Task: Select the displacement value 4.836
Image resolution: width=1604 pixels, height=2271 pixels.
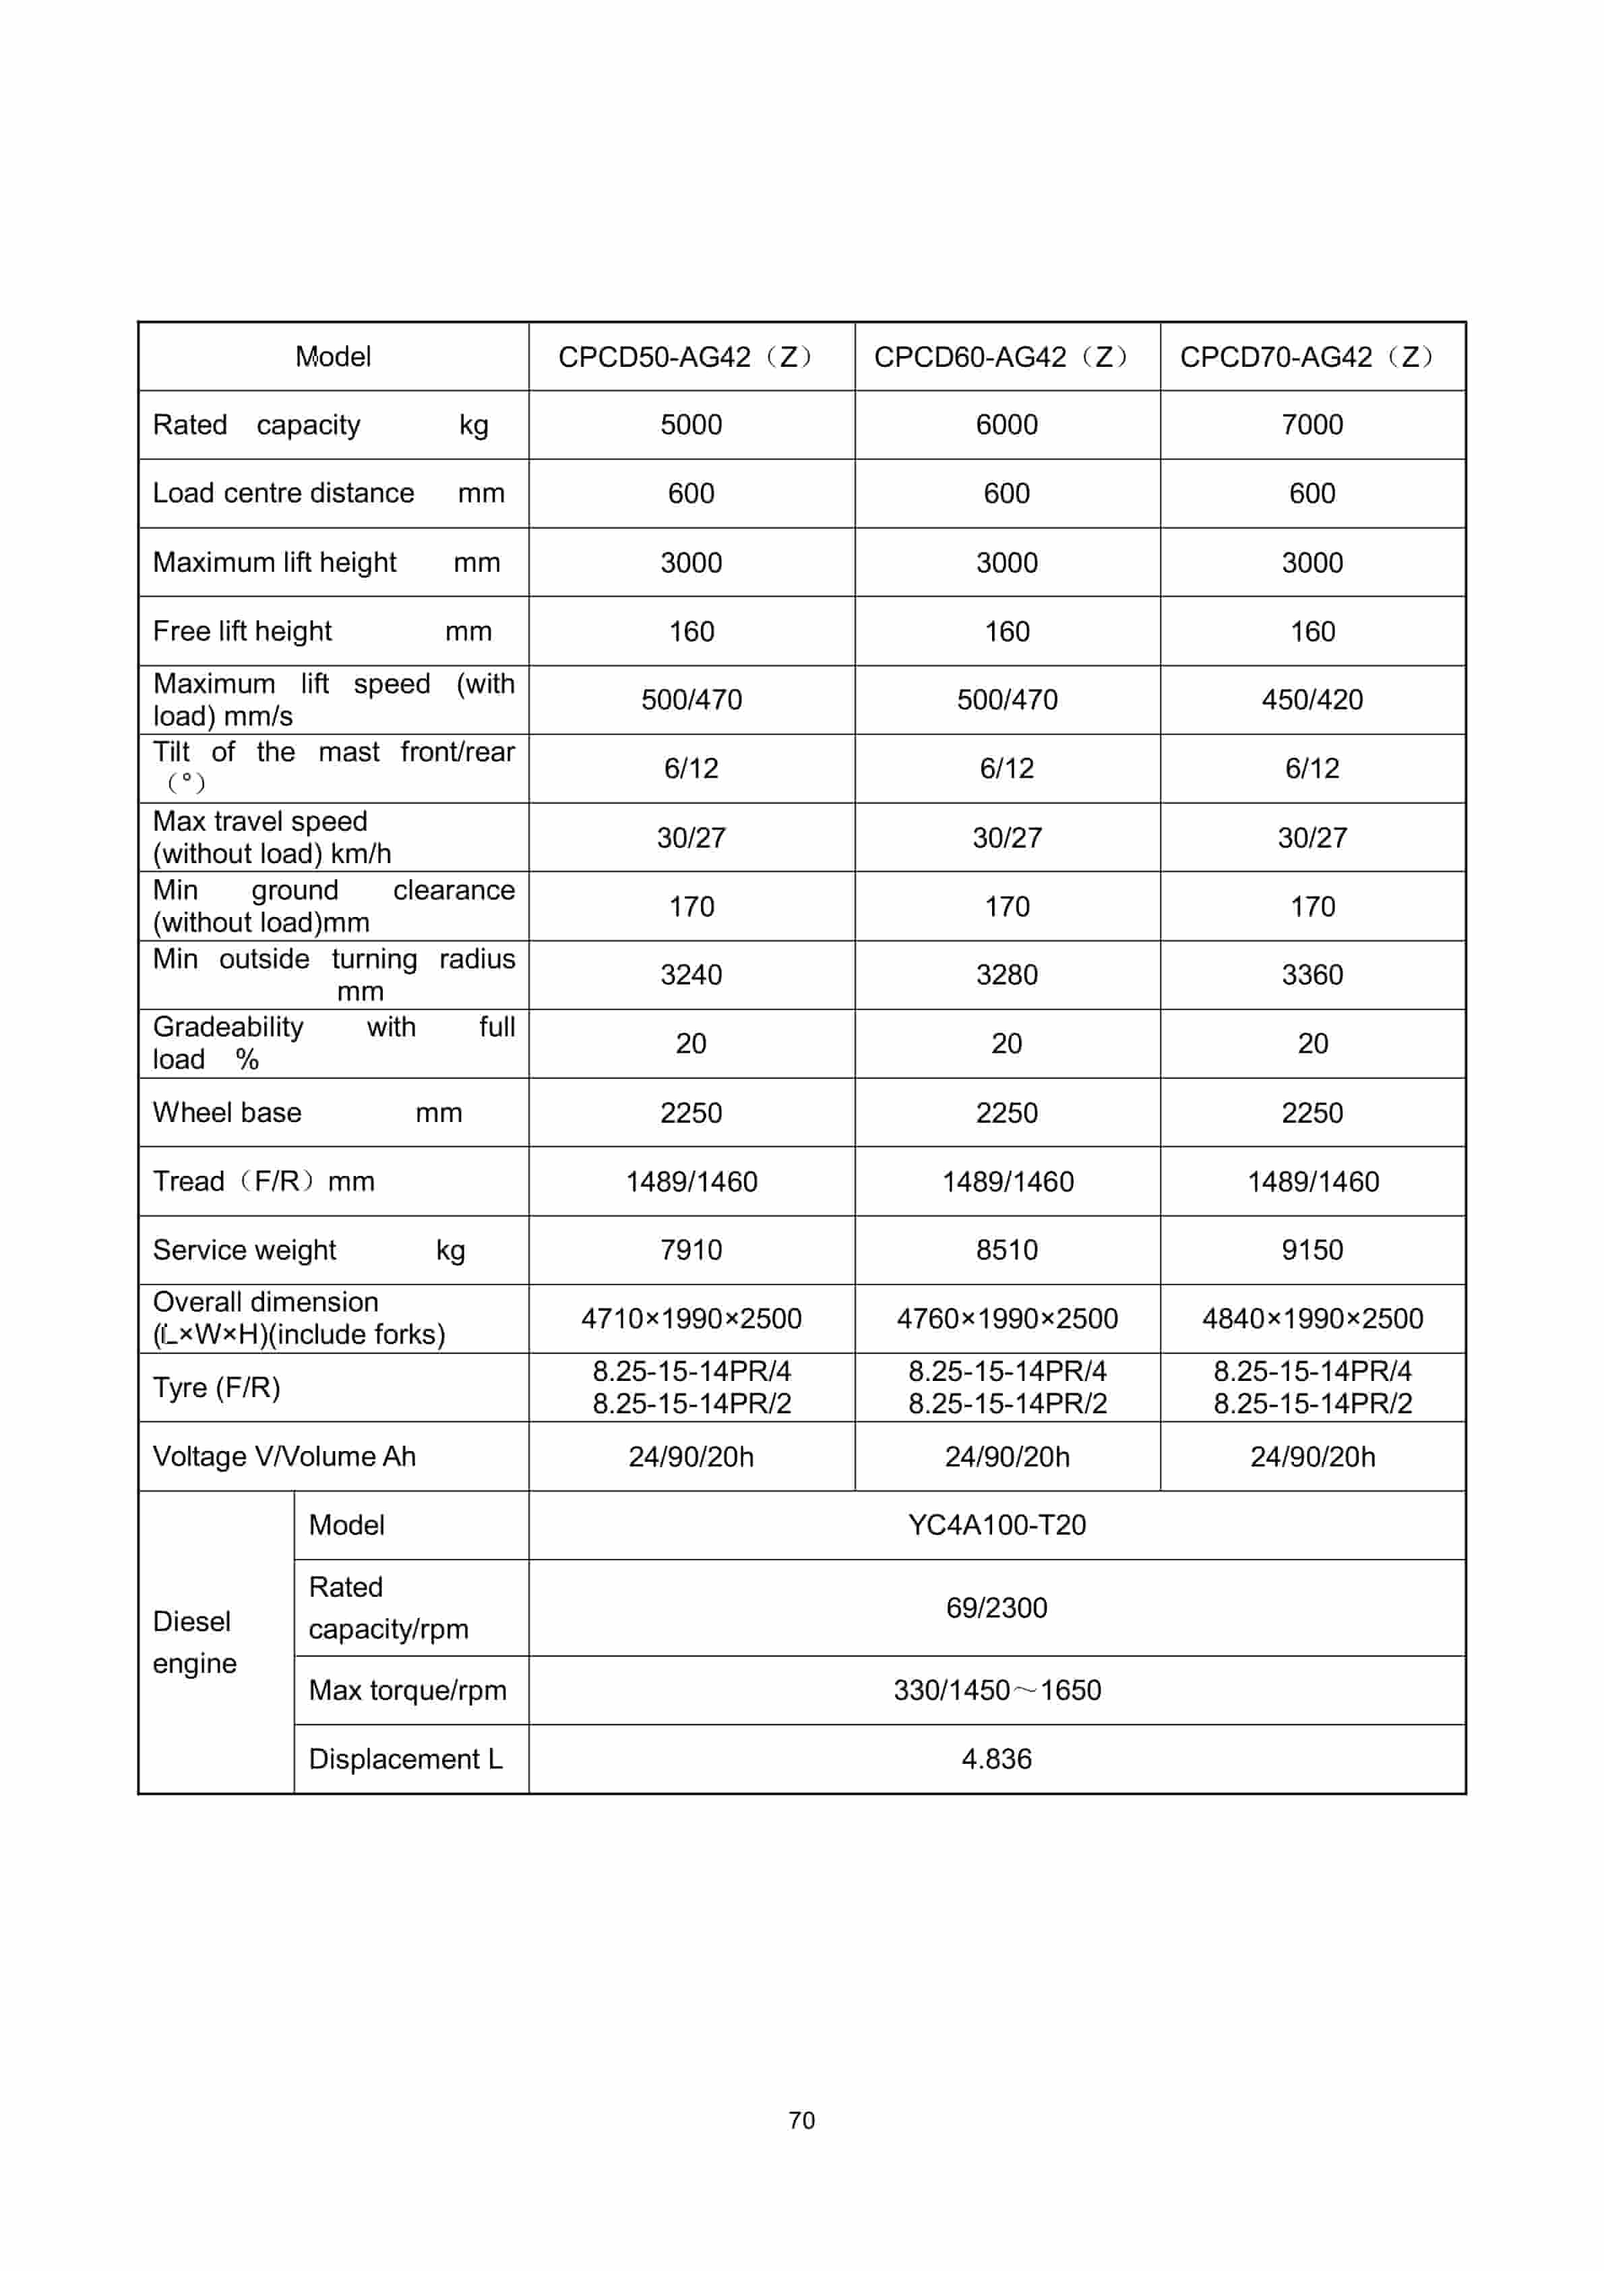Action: (996, 1759)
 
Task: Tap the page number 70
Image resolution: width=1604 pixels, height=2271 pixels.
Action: (801, 2120)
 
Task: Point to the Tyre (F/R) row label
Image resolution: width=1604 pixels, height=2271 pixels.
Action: (216, 1387)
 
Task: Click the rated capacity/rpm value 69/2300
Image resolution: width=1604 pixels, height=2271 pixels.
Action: (996, 1608)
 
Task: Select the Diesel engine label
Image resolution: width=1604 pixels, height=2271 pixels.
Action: (194, 1642)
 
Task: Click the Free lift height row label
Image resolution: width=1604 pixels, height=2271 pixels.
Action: (242, 631)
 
